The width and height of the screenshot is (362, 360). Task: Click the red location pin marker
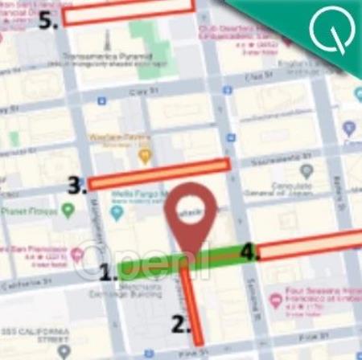192,213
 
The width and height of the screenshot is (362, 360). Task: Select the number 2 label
179,324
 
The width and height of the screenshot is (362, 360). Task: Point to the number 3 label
77,186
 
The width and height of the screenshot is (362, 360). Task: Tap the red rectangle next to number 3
159,174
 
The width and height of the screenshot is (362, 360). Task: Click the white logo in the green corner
329,30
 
